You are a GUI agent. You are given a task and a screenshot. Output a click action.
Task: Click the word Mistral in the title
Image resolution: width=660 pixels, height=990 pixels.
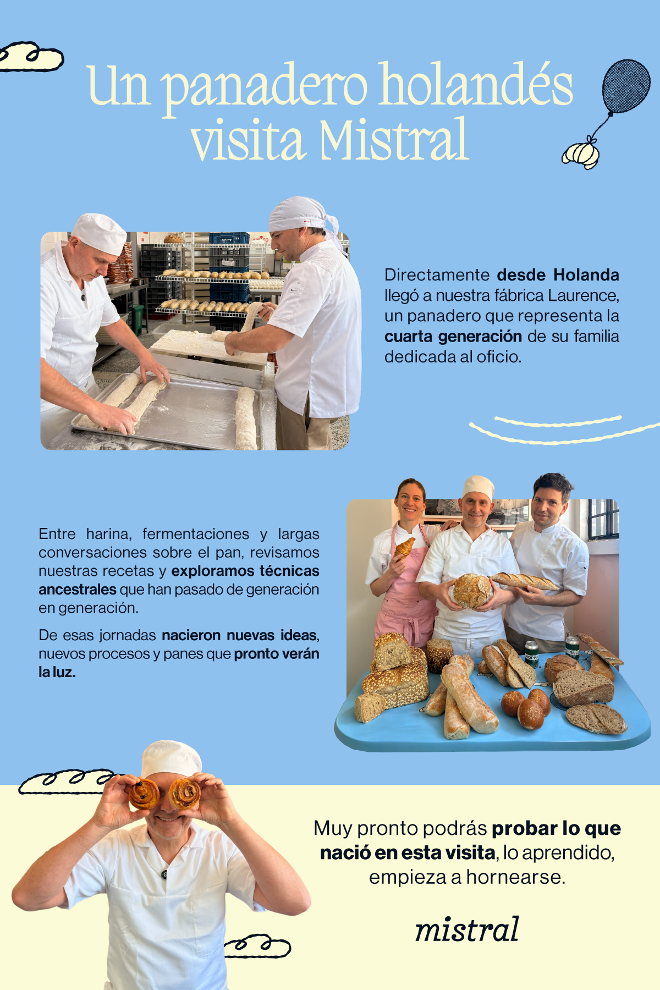(394, 139)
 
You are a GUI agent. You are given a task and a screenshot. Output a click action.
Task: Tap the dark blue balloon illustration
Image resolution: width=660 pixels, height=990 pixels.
(626, 86)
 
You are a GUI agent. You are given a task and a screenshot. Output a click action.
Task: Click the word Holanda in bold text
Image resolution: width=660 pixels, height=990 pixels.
(586, 274)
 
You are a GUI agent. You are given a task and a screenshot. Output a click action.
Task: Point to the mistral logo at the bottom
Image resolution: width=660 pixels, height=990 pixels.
(467, 929)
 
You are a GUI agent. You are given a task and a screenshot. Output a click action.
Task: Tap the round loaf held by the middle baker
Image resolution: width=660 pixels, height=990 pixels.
(472, 591)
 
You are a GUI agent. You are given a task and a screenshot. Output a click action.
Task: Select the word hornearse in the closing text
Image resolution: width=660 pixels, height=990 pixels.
(515, 877)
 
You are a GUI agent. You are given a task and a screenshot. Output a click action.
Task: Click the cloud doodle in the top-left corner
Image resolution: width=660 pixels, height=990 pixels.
(30, 57)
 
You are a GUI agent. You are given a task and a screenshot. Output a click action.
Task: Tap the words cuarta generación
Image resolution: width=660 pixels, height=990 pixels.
(453, 336)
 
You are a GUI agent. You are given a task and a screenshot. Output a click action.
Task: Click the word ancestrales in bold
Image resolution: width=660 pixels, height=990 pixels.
(78, 590)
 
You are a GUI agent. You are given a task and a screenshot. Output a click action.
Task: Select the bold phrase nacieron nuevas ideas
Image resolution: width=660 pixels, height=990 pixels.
(240, 635)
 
